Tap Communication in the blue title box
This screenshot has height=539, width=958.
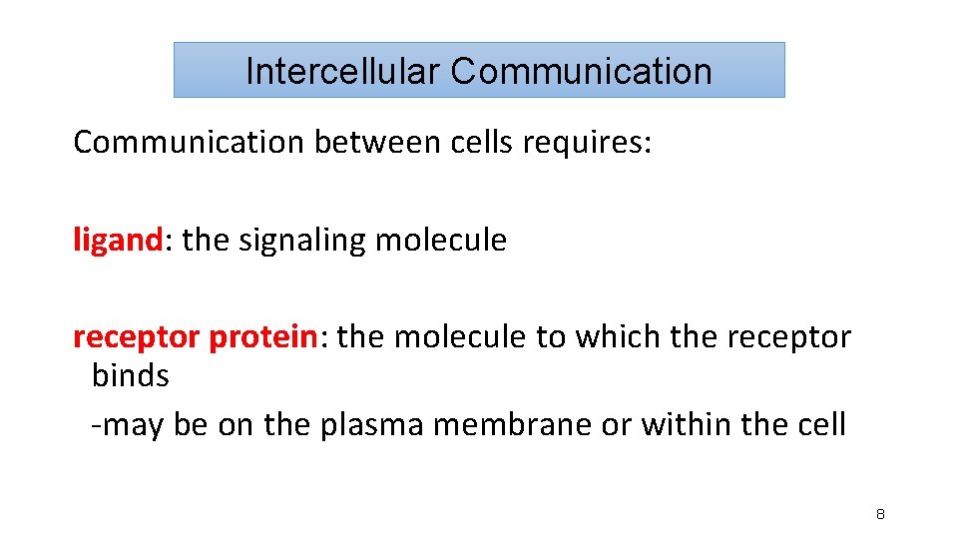click(581, 71)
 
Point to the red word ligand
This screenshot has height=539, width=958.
click(117, 241)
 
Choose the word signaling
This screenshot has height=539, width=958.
click(302, 241)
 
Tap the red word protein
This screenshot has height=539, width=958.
click(262, 337)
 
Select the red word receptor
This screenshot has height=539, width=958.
click(137, 337)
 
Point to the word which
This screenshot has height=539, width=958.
click(615, 337)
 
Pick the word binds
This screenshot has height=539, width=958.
click(130, 376)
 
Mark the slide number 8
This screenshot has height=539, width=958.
click(880, 515)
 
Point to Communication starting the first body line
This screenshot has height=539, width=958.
click(189, 143)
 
